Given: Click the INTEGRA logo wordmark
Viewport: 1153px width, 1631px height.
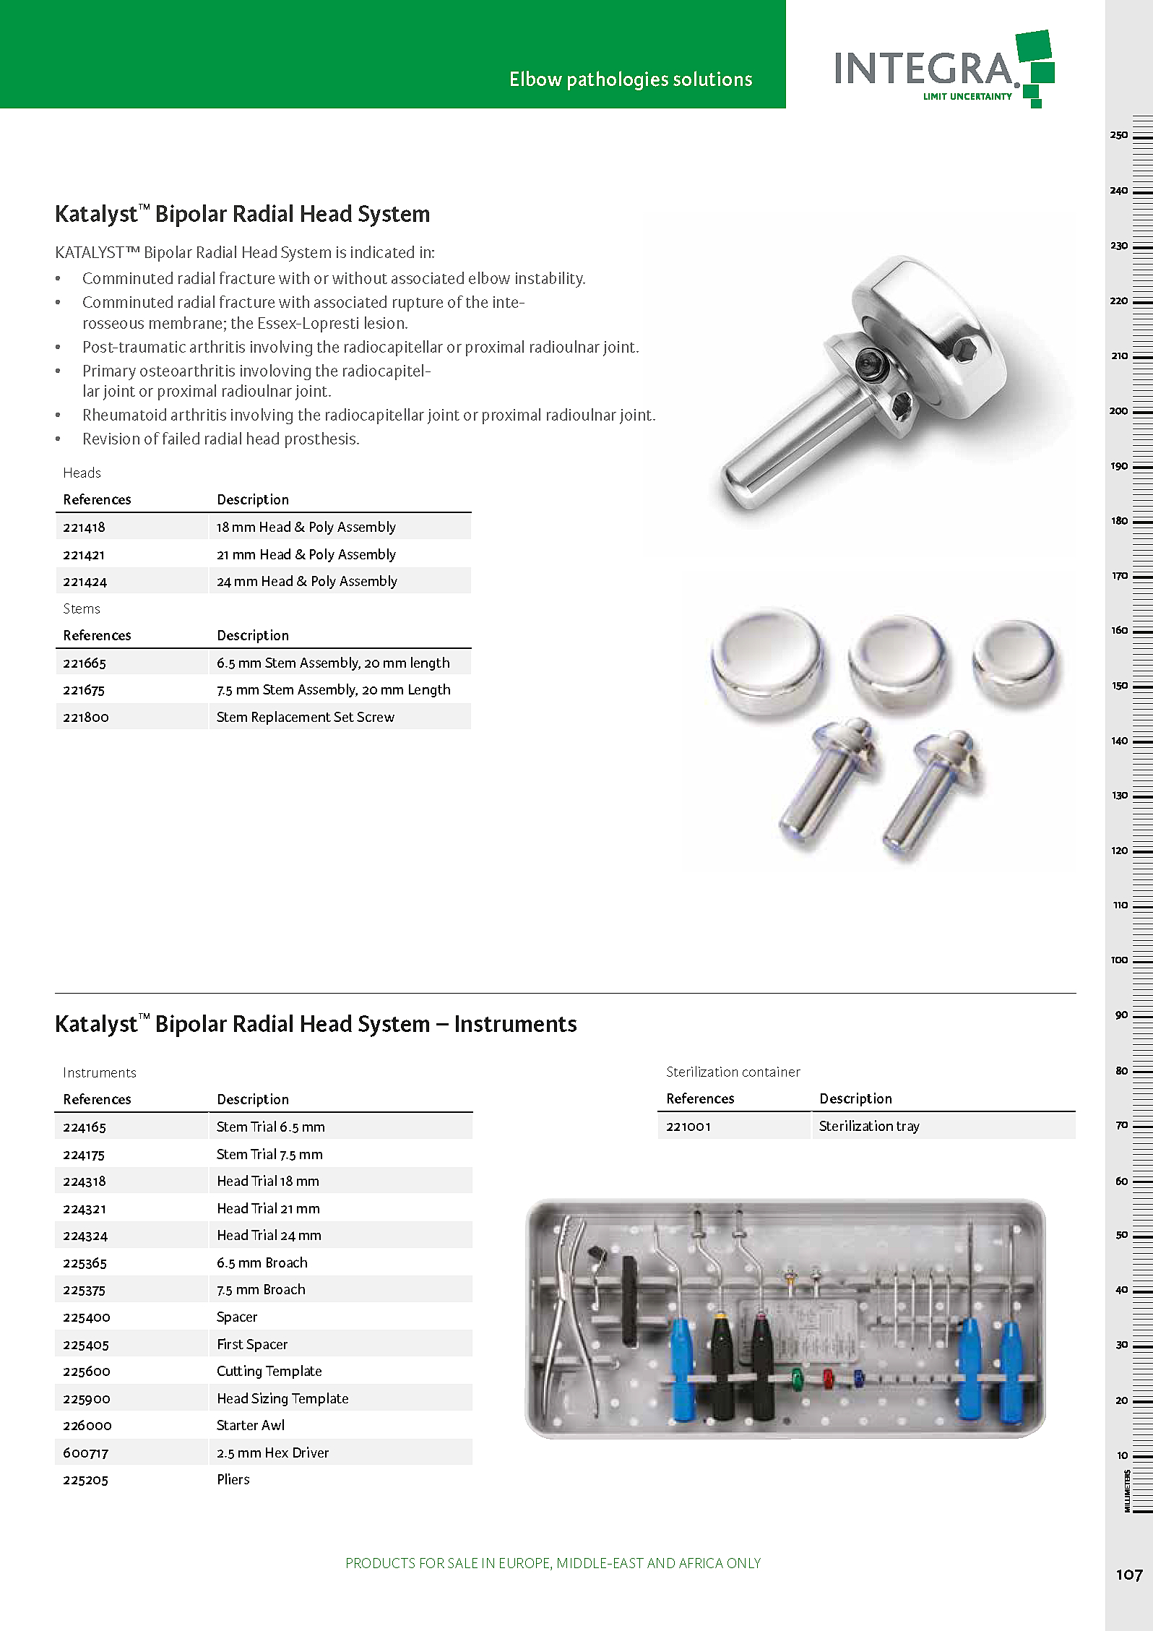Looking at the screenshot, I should point(925,69).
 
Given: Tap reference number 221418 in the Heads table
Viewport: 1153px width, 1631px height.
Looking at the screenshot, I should point(84,528).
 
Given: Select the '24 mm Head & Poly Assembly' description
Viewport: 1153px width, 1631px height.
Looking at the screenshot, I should point(306,582).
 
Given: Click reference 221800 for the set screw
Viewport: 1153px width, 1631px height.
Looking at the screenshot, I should point(85,718).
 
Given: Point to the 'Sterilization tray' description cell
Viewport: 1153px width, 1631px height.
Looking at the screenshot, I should point(868,1126).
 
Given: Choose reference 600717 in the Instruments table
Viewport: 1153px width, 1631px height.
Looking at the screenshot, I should point(85,1453).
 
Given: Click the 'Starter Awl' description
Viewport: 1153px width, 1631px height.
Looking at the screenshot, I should point(250,1426).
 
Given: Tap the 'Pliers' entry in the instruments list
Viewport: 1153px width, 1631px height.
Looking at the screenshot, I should point(233,1480).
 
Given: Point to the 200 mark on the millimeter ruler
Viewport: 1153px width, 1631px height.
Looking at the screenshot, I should point(1118,411).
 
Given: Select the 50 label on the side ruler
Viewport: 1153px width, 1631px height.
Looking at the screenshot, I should point(1121,1236).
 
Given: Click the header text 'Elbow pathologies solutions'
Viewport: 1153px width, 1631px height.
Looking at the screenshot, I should point(630,79).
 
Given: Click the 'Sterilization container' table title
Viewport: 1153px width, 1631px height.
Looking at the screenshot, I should point(733,1072).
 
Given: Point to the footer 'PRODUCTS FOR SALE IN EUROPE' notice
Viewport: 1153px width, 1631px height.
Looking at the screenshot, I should point(553,1564).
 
